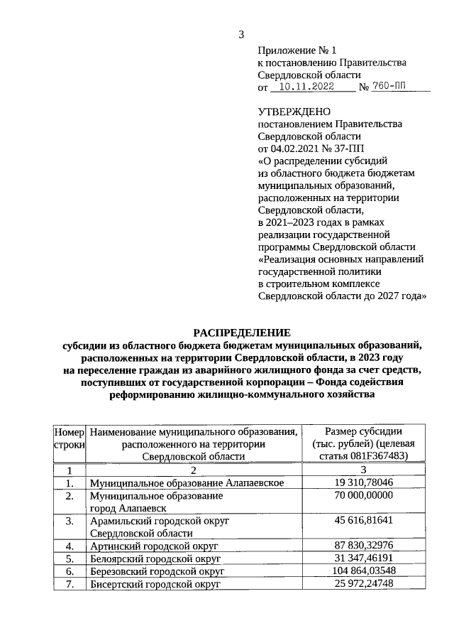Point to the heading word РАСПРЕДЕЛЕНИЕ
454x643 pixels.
241,333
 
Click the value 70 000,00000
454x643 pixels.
363,496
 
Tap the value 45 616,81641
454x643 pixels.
363,521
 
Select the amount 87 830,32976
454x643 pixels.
363,546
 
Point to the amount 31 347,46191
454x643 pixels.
363,558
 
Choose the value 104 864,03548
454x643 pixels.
363,571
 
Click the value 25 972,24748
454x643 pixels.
363,584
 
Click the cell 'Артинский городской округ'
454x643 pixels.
153,546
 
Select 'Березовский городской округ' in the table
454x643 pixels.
157,571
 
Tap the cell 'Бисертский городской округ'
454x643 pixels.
155,584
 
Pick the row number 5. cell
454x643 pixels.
70,558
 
